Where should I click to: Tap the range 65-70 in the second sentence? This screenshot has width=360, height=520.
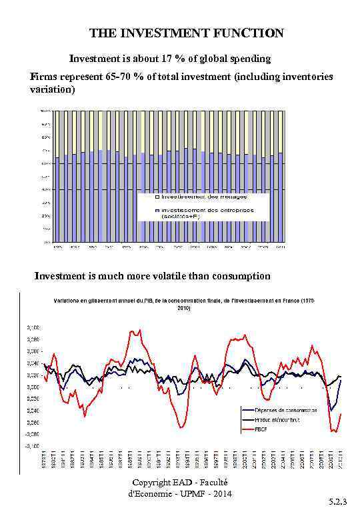tap(115, 77)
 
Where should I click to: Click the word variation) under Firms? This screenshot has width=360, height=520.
tap(53, 89)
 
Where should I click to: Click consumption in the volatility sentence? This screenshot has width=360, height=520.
tap(243, 276)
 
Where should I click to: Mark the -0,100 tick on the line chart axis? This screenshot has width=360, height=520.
tap(33, 445)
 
